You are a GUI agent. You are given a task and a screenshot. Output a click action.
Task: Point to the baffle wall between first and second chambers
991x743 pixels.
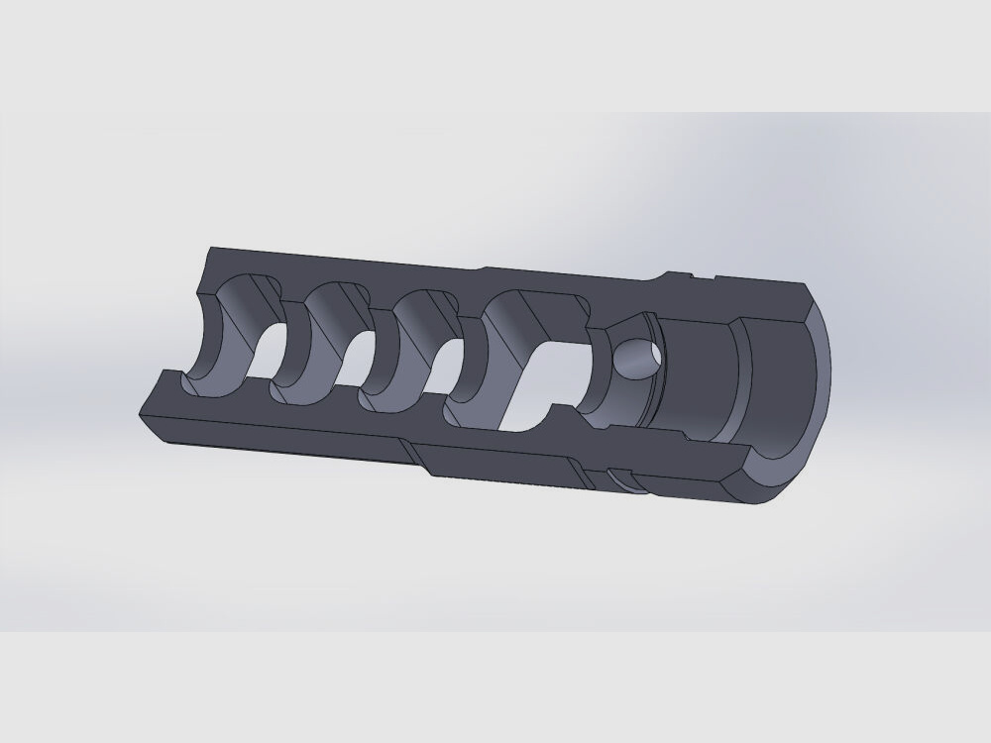coord(293,342)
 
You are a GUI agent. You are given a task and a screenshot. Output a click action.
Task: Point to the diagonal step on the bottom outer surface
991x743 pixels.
coord(417,455)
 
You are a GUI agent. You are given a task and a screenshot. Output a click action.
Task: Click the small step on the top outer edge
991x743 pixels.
coord(483,267)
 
